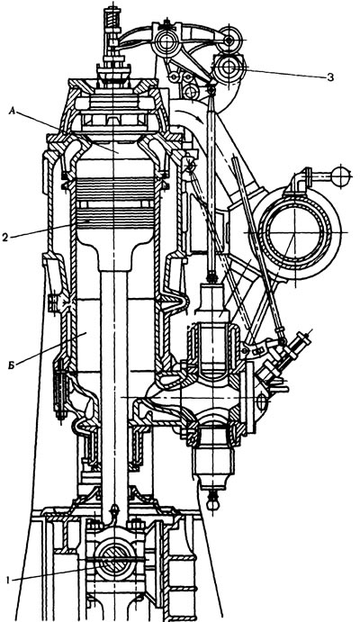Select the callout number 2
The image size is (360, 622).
pyautogui.click(x=5, y=238)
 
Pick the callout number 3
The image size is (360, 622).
pyautogui.click(x=330, y=77)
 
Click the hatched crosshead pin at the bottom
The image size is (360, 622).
pyautogui.click(x=114, y=564)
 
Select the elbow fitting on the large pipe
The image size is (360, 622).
pyautogui.click(x=301, y=182)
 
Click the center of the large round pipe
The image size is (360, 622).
pyautogui.click(x=295, y=232)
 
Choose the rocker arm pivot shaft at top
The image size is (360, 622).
pyautogui.click(x=167, y=40)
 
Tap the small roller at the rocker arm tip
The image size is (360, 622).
pyautogui.click(x=230, y=39)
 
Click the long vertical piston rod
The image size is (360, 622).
pyautogui.click(x=114, y=392)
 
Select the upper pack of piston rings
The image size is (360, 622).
pyautogui.click(x=115, y=188)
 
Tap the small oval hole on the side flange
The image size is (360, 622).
pyautogui.click(x=261, y=401)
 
